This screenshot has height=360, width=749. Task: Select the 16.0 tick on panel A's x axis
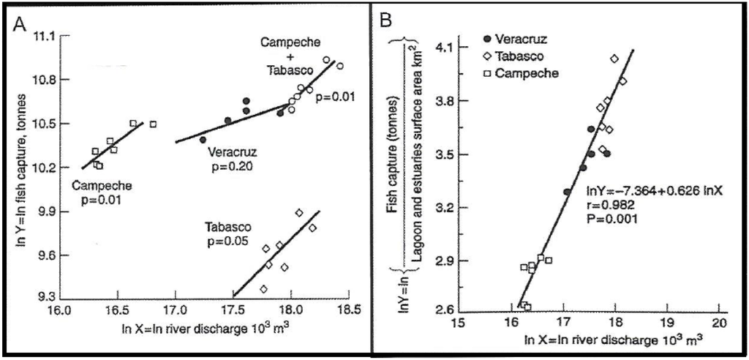[x=59, y=309]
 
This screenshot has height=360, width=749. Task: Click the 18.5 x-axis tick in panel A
[x=350, y=309]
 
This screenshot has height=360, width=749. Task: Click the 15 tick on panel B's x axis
[x=459, y=322]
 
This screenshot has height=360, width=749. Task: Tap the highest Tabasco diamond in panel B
[x=614, y=59]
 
